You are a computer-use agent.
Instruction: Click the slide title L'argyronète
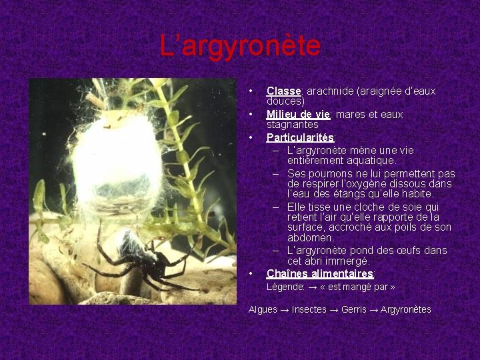(240, 46)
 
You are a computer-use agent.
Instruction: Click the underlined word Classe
(284, 91)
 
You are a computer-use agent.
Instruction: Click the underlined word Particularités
(301, 137)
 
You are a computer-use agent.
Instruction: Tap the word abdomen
(311, 237)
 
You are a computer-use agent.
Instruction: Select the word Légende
(285, 287)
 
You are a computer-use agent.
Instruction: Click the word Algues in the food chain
(263, 309)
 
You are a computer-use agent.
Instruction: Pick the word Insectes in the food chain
(309, 309)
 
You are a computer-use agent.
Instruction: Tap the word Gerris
(354, 309)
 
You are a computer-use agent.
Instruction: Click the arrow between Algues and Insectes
(285, 309)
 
